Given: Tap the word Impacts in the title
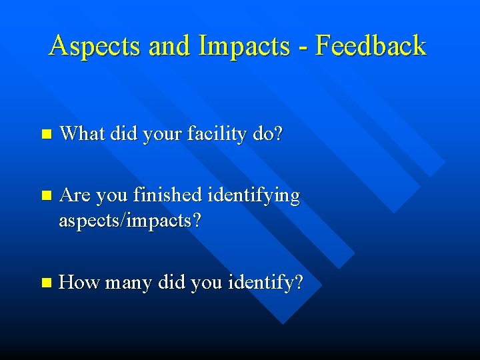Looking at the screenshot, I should point(243,46).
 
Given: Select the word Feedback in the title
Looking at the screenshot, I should point(370,45).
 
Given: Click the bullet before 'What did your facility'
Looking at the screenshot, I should point(45,134).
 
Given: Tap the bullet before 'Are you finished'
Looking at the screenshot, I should point(45,196).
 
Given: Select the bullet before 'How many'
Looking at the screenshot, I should point(45,283).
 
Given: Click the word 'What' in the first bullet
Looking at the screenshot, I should point(81,134).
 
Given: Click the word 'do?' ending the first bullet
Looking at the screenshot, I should point(269,134).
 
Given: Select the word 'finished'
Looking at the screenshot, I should point(167,196).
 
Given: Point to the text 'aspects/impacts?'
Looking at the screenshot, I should point(130,221).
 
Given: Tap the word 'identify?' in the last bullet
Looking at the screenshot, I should point(265,283).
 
